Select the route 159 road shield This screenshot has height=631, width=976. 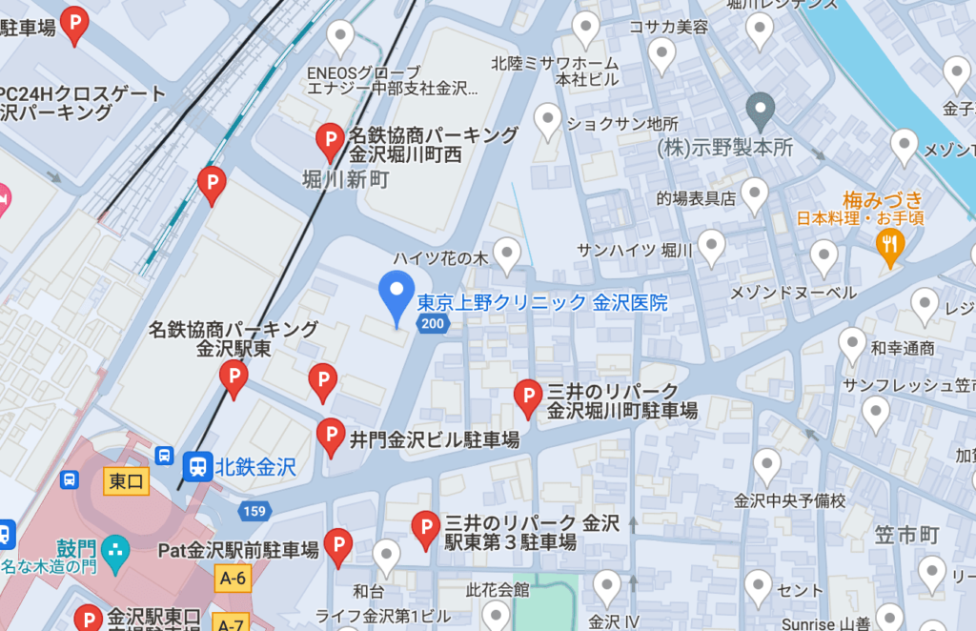(x=254, y=511)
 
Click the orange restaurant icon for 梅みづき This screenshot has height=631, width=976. (x=889, y=245)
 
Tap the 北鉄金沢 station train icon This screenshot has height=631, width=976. (x=198, y=466)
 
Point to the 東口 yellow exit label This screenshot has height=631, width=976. (x=126, y=481)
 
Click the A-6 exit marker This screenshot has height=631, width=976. (x=233, y=578)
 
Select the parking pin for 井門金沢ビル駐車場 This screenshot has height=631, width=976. (x=331, y=436)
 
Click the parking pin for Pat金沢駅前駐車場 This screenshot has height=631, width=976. (x=337, y=546)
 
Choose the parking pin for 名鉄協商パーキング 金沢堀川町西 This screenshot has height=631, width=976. (x=331, y=142)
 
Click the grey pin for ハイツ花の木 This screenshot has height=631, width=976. (x=507, y=254)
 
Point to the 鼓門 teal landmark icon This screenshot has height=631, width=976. (x=114, y=549)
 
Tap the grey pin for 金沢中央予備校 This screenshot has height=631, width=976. (x=766, y=466)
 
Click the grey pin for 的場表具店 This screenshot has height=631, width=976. (x=754, y=194)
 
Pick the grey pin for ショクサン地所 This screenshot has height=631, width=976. (x=547, y=121)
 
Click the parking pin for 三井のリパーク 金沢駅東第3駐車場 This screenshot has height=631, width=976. (x=425, y=528)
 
